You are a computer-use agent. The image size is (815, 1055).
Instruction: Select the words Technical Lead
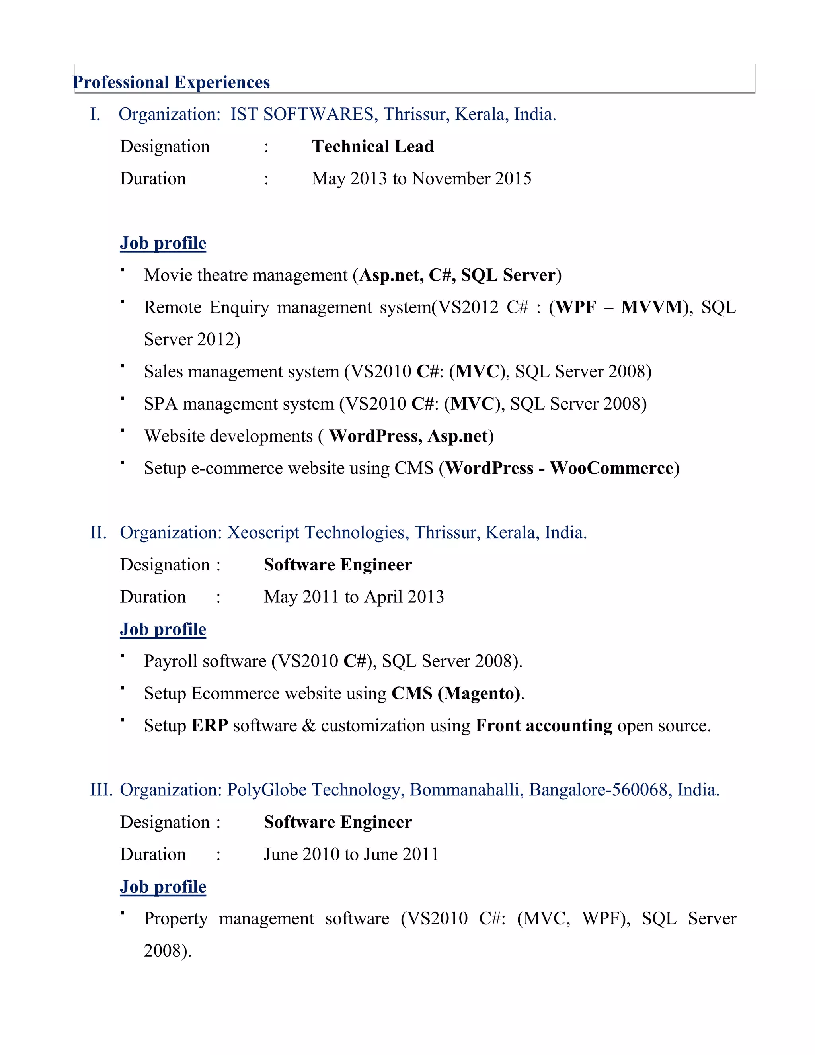tap(373, 147)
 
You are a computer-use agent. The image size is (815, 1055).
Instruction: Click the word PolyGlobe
tap(267, 790)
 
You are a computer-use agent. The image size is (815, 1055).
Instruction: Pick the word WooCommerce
tap(611, 468)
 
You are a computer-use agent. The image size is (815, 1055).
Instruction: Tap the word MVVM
tap(651, 307)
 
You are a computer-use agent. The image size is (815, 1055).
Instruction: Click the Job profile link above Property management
tap(163, 887)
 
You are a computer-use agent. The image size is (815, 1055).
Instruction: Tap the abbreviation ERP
tap(210, 725)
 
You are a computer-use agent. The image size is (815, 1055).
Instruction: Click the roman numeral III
tap(101, 790)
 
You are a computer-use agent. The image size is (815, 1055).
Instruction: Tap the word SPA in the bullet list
tap(161, 404)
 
